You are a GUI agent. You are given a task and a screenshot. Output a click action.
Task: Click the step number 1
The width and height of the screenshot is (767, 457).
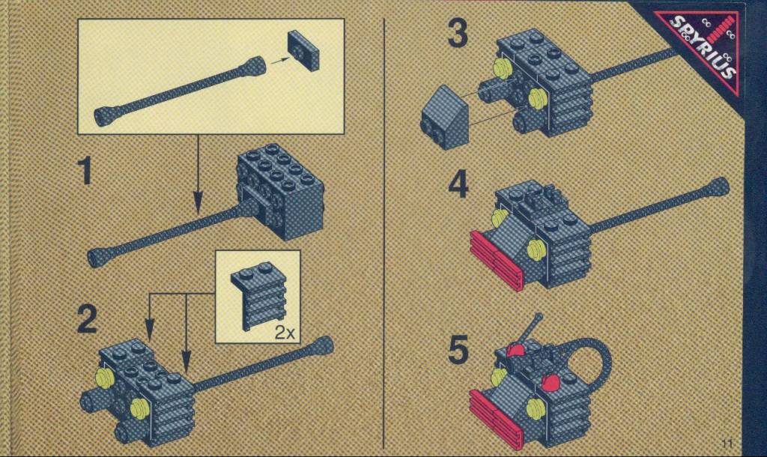tap(86, 171)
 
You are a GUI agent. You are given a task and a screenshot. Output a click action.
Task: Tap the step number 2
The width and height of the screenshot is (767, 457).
tap(87, 319)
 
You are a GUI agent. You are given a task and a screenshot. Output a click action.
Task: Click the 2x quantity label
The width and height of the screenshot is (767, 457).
tap(285, 333)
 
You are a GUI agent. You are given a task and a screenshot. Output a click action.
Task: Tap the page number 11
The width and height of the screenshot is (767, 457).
tap(727, 444)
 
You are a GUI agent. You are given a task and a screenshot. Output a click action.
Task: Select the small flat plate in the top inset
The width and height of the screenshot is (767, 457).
tap(303, 50)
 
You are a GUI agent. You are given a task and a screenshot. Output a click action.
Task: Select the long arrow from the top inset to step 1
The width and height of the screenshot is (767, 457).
tap(198, 174)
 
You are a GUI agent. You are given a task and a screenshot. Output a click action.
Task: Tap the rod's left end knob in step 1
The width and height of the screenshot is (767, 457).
tap(100, 257)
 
